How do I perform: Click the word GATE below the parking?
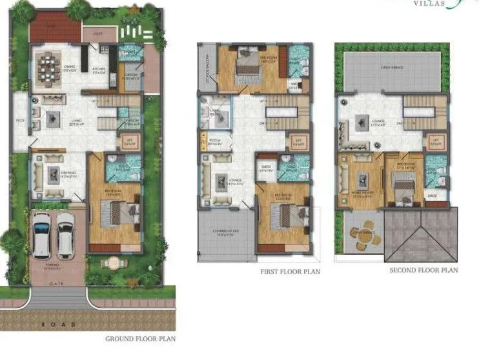pyautogui.click(x=58, y=283)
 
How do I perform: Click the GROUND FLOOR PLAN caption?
pyautogui.click(x=139, y=338)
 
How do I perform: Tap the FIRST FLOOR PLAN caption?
pyautogui.click(x=290, y=272)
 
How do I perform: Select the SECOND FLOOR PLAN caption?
pyautogui.click(x=423, y=270)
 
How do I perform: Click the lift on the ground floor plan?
pyautogui.click(x=126, y=143)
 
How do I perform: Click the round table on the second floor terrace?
pyautogui.click(x=362, y=237)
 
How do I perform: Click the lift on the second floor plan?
pyautogui.click(x=436, y=140)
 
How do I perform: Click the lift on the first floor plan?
pyautogui.click(x=297, y=143)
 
